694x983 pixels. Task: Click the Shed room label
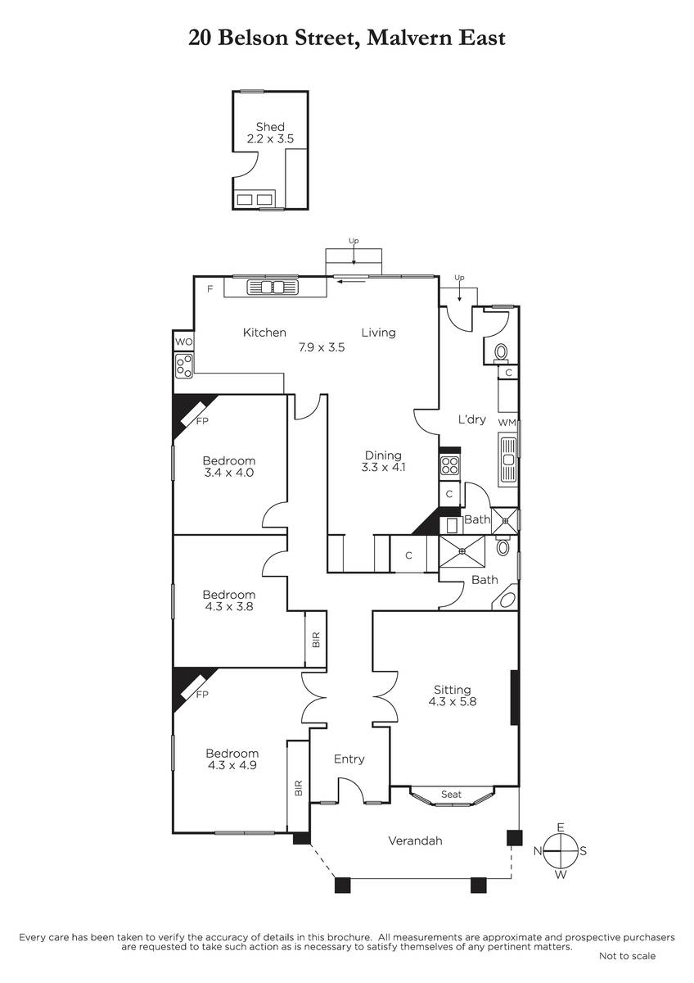tap(270, 127)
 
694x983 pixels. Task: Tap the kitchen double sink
tap(273, 288)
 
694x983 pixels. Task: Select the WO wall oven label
tap(183, 342)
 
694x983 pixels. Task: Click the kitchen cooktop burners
tap(184, 366)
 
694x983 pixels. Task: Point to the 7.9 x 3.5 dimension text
tap(322, 347)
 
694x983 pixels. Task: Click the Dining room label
tap(383, 455)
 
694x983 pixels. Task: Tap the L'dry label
tap(471, 419)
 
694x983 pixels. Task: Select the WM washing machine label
tap(507, 423)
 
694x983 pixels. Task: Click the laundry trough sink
tap(508, 459)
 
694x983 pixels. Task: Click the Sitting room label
tap(453, 690)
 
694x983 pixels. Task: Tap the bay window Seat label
tap(451, 795)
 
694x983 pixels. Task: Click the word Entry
tap(349, 759)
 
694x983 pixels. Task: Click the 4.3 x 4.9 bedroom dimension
tap(232, 765)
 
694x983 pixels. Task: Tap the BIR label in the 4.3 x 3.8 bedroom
tap(317, 640)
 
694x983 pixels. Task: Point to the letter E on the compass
tap(561, 827)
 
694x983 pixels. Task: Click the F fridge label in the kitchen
tap(210, 288)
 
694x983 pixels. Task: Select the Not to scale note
tap(628, 956)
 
